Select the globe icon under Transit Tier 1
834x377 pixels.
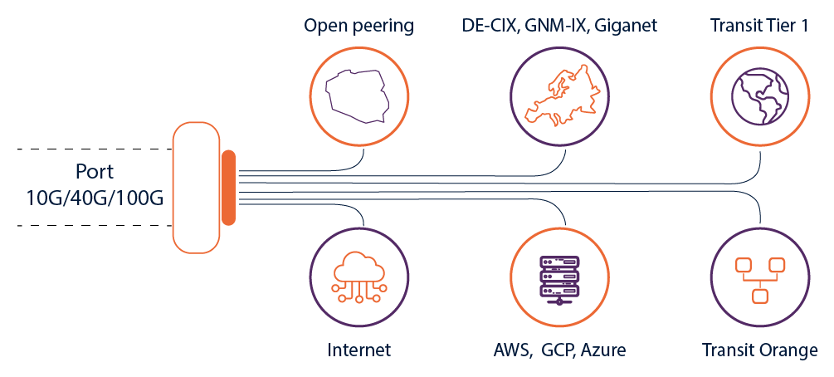pos(759,94)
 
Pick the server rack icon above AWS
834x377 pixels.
pos(558,277)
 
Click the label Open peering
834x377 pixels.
pos(358,26)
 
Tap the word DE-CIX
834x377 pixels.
pos(490,26)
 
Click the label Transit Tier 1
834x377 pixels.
pos(758,26)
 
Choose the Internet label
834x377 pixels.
pos(358,350)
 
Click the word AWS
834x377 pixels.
pos(510,350)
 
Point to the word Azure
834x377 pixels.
pos(604,350)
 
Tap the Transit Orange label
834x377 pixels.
pos(759,350)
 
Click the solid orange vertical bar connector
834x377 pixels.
pos(228,188)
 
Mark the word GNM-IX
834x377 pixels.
pos(554,26)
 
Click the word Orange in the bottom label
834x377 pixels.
pos(788,350)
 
